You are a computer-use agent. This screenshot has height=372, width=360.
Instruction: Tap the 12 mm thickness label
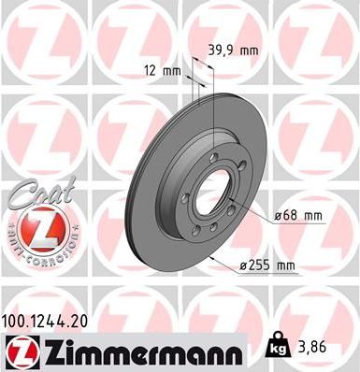pyautogui.click(x=163, y=68)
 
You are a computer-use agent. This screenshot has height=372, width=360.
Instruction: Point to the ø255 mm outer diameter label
pyautogui.click(x=268, y=266)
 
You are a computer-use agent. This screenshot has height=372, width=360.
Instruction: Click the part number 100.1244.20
pyautogui.click(x=51, y=320)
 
